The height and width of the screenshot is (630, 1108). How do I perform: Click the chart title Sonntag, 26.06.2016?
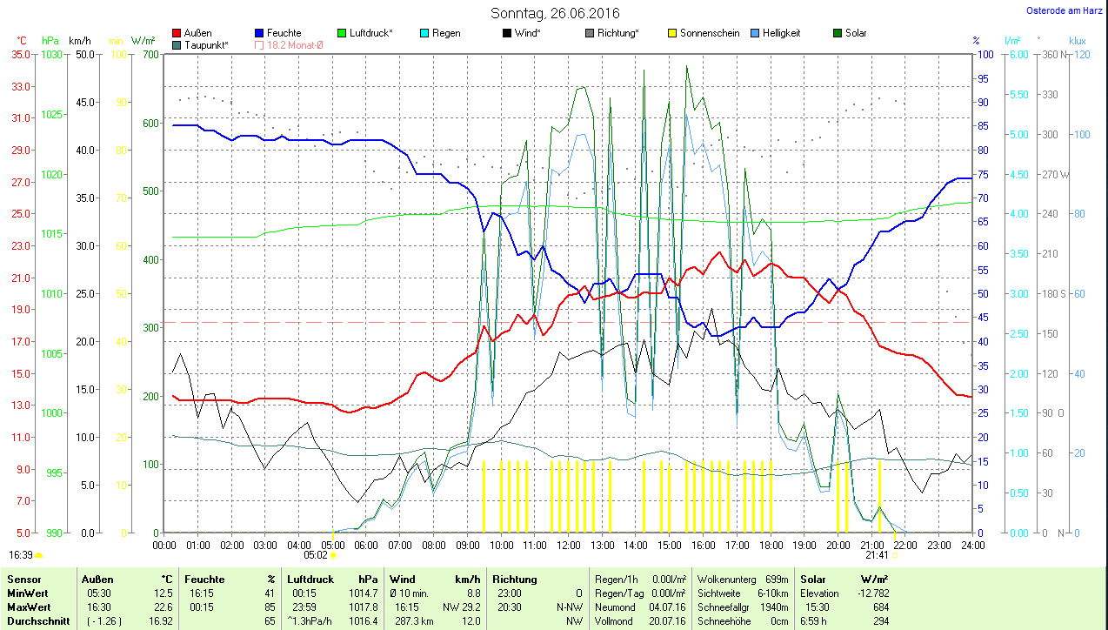click(555, 13)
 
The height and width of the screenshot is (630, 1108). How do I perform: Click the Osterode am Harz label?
click(1065, 10)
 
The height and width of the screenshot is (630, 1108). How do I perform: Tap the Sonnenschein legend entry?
click(704, 33)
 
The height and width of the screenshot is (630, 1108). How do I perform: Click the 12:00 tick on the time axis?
click(568, 546)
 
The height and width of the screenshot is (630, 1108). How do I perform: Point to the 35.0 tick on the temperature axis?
click(20, 54)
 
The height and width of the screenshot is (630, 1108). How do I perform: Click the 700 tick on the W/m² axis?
click(151, 54)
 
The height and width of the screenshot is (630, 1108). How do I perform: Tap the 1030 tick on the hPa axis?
click(52, 54)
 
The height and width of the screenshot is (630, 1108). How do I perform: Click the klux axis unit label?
click(1078, 41)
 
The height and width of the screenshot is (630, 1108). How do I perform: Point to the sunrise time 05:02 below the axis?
click(315, 554)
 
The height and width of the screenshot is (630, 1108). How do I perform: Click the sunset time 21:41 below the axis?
click(877, 554)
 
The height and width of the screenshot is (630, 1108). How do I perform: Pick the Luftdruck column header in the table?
click(310, 579)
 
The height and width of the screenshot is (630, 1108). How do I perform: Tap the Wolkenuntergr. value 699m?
click(777, 579)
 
